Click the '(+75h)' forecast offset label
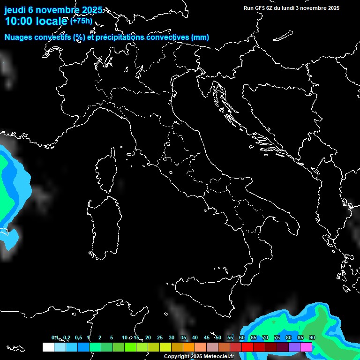[x=81, y=21]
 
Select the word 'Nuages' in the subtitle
[x=18, y=37]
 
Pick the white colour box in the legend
[x=48, y=347]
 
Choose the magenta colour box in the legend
[x=306, y=347]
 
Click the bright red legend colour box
[x=247, y=347]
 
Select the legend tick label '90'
[x=312, y=337]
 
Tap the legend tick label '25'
[x=160, y=337]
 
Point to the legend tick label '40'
[x=195, y=337]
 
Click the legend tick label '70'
[x=265, y=337]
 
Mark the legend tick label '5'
[x=112, y=337]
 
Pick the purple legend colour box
[x=294, y=347]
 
